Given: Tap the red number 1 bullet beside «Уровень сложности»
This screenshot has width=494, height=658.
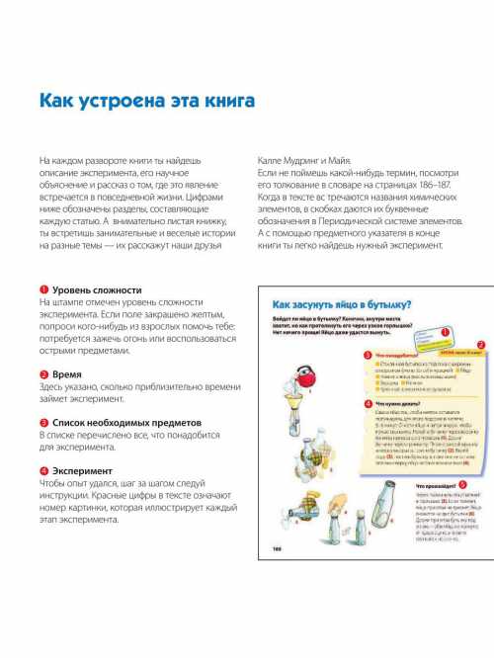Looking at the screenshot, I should pyautogui.click(x=43, y=289).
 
